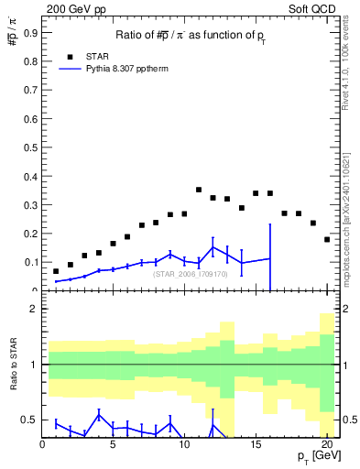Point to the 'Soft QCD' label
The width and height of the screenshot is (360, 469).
pyautogui.click(x=312, y=8)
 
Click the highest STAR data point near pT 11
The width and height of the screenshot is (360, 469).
pyautogui.click(x=199, y=190)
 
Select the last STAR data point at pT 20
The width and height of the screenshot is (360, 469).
pyautogui.click(x=327, y=239)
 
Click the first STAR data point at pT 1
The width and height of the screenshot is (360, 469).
pyautogui.click(x=56, y=271)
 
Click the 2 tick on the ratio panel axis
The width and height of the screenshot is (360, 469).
pyautogui.click(x=34, y=310)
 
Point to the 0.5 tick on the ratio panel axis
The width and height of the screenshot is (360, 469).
pyautogui.click(x=30, y=420)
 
